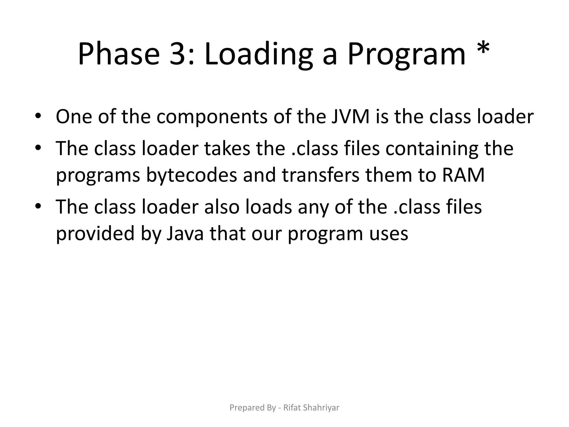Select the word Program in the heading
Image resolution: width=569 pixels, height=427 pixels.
(406, 54)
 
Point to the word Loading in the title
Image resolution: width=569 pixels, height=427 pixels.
(258, 54)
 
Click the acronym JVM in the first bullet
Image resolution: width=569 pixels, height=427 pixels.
(351, 116)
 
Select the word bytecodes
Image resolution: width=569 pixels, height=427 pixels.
(191, 175)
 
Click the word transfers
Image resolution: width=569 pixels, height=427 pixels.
(321, 175)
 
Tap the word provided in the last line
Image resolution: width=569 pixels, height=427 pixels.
(95, 234)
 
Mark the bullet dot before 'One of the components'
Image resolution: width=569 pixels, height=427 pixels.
(38, 116)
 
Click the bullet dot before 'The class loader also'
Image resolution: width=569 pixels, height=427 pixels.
(38, 207)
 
